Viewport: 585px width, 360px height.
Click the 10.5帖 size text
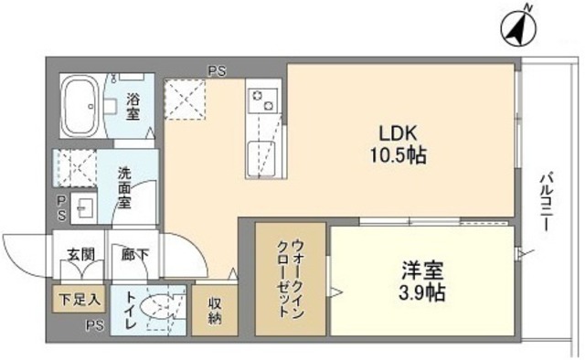click(399, 154)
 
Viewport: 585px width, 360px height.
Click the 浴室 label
click(133, 108)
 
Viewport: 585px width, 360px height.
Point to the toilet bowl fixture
click(157, 308)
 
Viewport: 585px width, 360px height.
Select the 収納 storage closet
click(215, 311)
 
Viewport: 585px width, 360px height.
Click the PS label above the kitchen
click(218, 68)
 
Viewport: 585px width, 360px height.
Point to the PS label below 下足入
click(93, 325)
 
